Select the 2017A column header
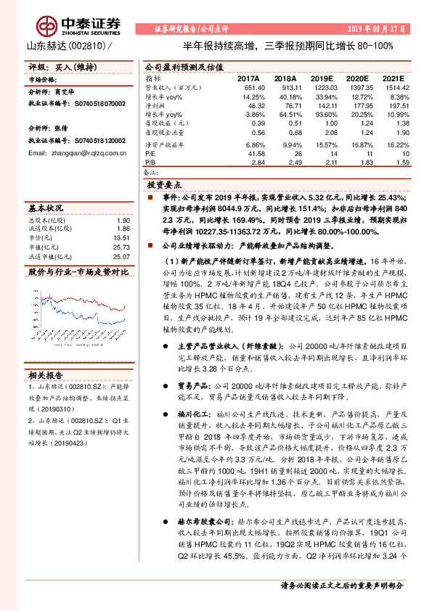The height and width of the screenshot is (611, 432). [x=248, y=77]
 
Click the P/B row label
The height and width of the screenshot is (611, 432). [x=151, y=164]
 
